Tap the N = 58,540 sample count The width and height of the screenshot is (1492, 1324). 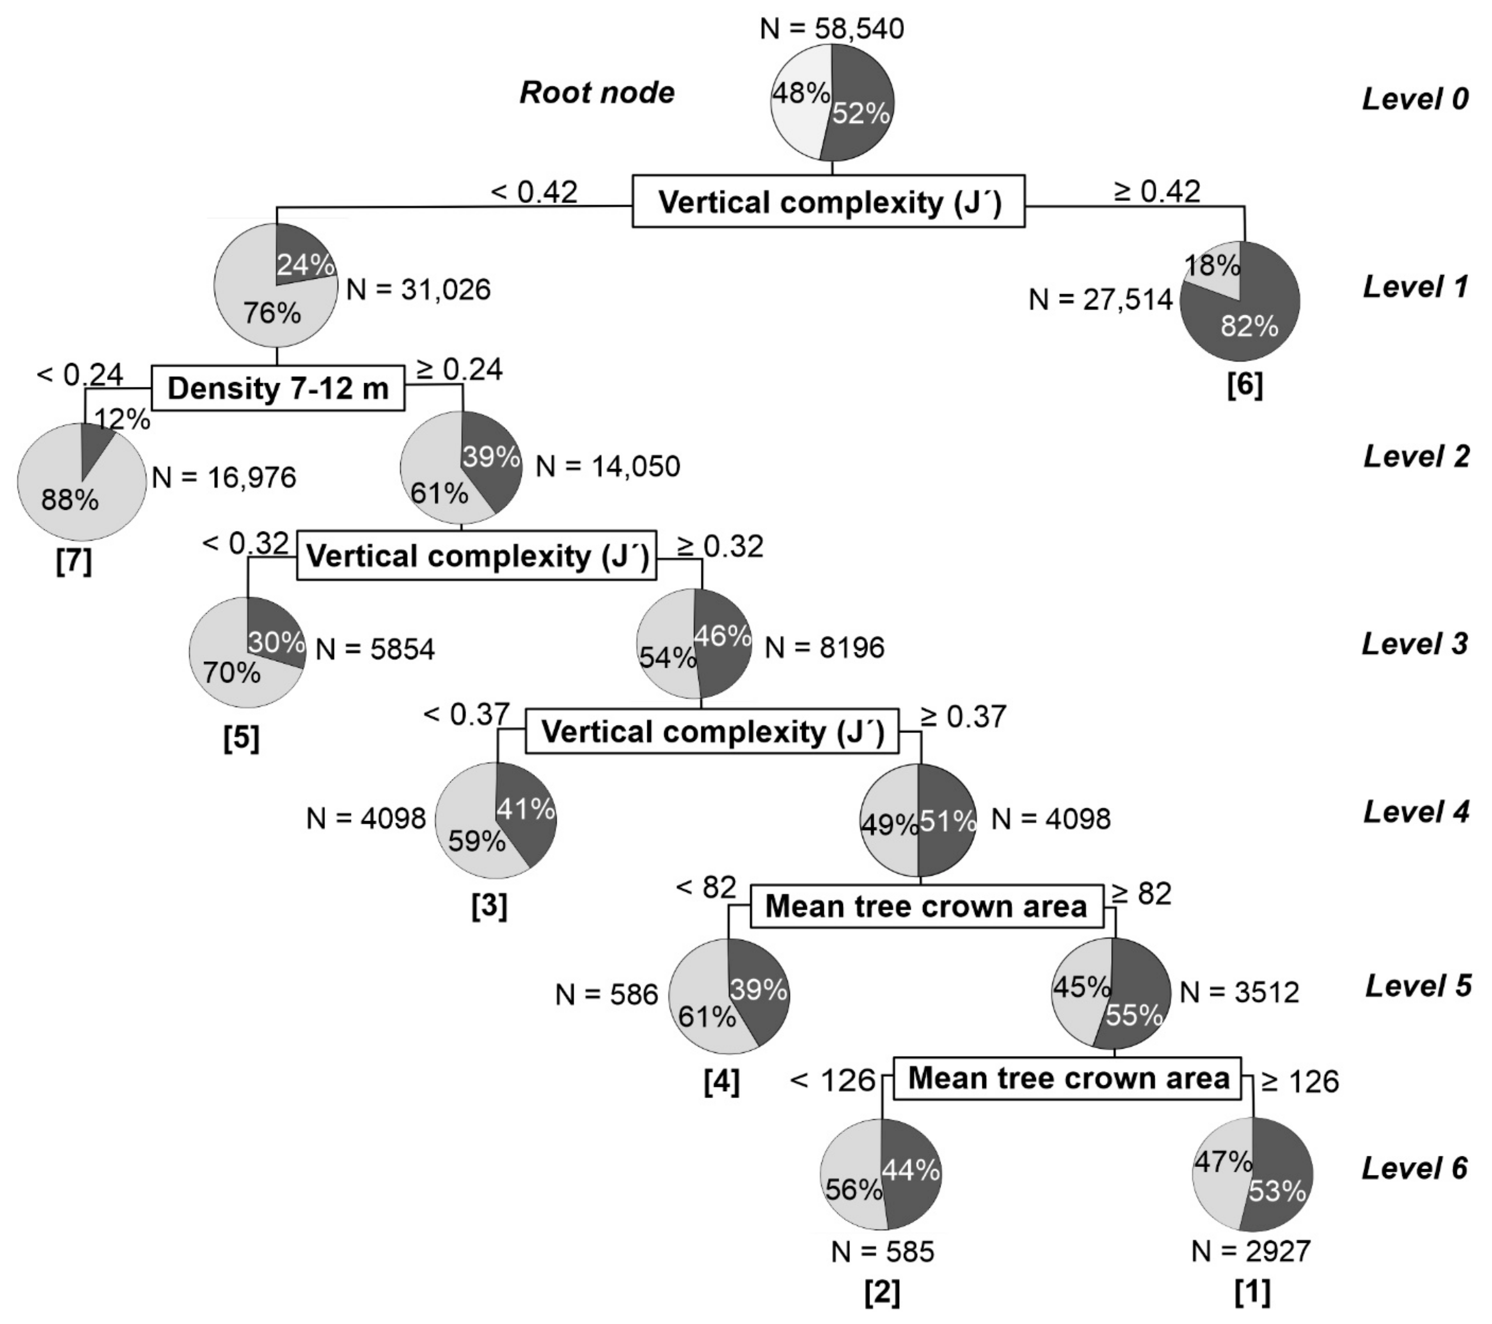tap(831, 28)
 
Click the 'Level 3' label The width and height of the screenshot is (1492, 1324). tap(1415, 644)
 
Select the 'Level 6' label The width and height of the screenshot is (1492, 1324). tap(1415, 1168)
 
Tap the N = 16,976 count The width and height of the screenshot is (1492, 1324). tap(224, 478)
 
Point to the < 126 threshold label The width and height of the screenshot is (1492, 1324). tap(832, 1079)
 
